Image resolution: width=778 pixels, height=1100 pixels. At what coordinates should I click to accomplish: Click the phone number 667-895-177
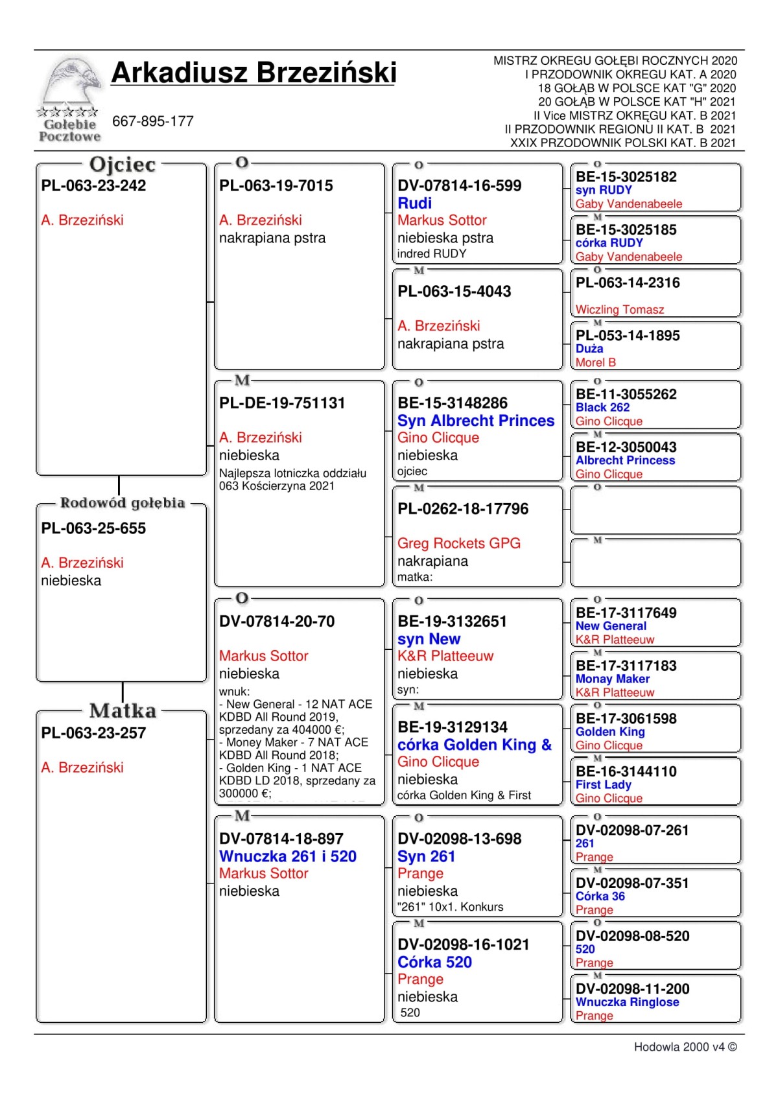pyautogui.click(x=153, y=121)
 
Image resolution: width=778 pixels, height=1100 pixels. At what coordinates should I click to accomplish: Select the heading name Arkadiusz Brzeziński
pyautogui.click(x=253, y=73)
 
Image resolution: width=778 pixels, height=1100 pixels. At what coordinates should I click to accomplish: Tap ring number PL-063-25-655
pyautogui.click(x=93, y=528)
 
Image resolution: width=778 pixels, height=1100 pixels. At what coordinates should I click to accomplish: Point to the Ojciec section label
pyautogui.click(x=123, y=165)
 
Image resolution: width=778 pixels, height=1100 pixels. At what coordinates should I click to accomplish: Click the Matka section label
pyautogui.click(x=123, y=711)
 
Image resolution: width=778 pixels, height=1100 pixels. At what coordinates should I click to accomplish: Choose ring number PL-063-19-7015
pyautogui.click(x=276, y=185)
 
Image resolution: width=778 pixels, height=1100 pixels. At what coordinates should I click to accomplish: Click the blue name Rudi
pyautogui.click(x=414, y=203)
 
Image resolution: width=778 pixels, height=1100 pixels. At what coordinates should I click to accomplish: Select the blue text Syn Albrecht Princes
pyautogui.click(x=476, y=421)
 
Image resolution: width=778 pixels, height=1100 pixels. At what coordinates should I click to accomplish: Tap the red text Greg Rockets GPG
pyautogui.click(x=459, y=543)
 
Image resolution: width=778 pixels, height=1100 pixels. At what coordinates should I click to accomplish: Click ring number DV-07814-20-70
pyautogui.click(x=277, y=622)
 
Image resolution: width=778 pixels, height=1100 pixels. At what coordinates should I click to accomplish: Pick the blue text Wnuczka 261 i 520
pyautogui.click(x=288, y=856)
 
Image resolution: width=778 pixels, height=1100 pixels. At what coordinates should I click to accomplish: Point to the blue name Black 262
pyautogui.click(x=602, y=407)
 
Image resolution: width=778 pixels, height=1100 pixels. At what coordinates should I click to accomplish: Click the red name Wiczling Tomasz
pyautogui.click(x=620, y=310)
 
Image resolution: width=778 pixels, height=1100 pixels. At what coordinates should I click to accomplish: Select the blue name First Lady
pyautogui.click(x=603, y=784)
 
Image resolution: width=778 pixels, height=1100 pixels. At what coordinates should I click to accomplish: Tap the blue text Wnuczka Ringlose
pyautogui.click(x=627, y=1001)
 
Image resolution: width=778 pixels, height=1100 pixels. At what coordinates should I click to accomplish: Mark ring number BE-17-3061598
pyautogui.click(x=626, y=718)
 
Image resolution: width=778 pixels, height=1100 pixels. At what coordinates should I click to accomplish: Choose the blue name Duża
pyautogui.click(x=589, y=349)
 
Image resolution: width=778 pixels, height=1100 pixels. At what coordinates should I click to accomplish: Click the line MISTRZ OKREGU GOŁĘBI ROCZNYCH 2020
pyautogui.click(x=615, y=61)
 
